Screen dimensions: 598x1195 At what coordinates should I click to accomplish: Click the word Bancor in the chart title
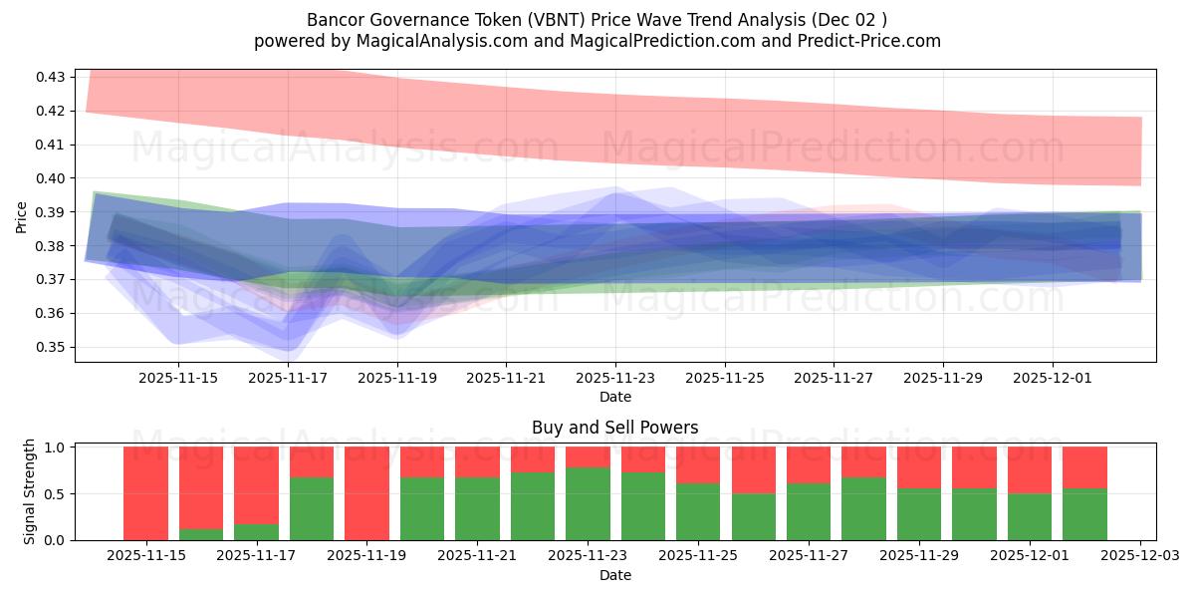pyautogui.click(x=337, y=20)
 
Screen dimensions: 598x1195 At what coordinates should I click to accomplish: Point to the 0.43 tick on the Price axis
pyautogui.click(x=51, y=77)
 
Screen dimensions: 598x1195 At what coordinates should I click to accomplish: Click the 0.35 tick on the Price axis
pyautogui.click(x=51, y=347)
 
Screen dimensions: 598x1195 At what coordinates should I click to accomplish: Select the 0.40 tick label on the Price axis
pyautogui.click(x=51, y=178)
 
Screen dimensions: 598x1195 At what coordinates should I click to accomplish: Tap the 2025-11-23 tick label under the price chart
pyautogui.click(x=615, y=378)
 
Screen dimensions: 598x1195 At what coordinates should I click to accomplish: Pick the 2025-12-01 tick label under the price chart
pyautogui.click(x=1053, y=378)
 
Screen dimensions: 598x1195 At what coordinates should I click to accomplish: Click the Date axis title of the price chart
pyautogui.click(x=615, y=397)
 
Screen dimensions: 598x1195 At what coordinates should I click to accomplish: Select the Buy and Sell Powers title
pyautogui.click(x=615, y=428)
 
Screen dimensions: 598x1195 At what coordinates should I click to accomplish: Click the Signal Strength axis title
pyautogui.click(x=30, y=491)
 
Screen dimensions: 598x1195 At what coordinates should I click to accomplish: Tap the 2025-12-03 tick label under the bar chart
pyautogui.click(x=1139, y=556)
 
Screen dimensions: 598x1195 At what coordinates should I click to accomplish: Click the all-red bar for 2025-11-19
pyautogui.click(x=366, y=493)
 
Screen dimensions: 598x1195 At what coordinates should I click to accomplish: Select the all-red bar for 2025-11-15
pyautogui.click(x=145, y=493)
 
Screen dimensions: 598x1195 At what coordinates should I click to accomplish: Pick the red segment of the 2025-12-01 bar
pyautogui.click(x=1030, y=469)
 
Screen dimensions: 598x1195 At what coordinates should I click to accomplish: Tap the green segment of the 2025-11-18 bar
pyautogui.click(x=312, y=508)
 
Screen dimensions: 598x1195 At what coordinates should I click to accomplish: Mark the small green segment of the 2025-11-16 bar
pyautogui.click(x=201, y=534)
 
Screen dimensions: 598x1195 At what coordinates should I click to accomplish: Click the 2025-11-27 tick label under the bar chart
pyautogui.click(x=809, y=556)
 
